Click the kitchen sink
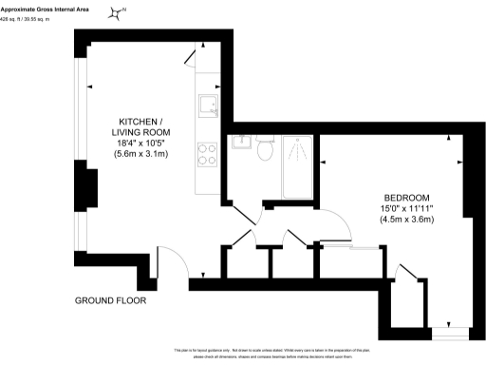click(x=206, y=106)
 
